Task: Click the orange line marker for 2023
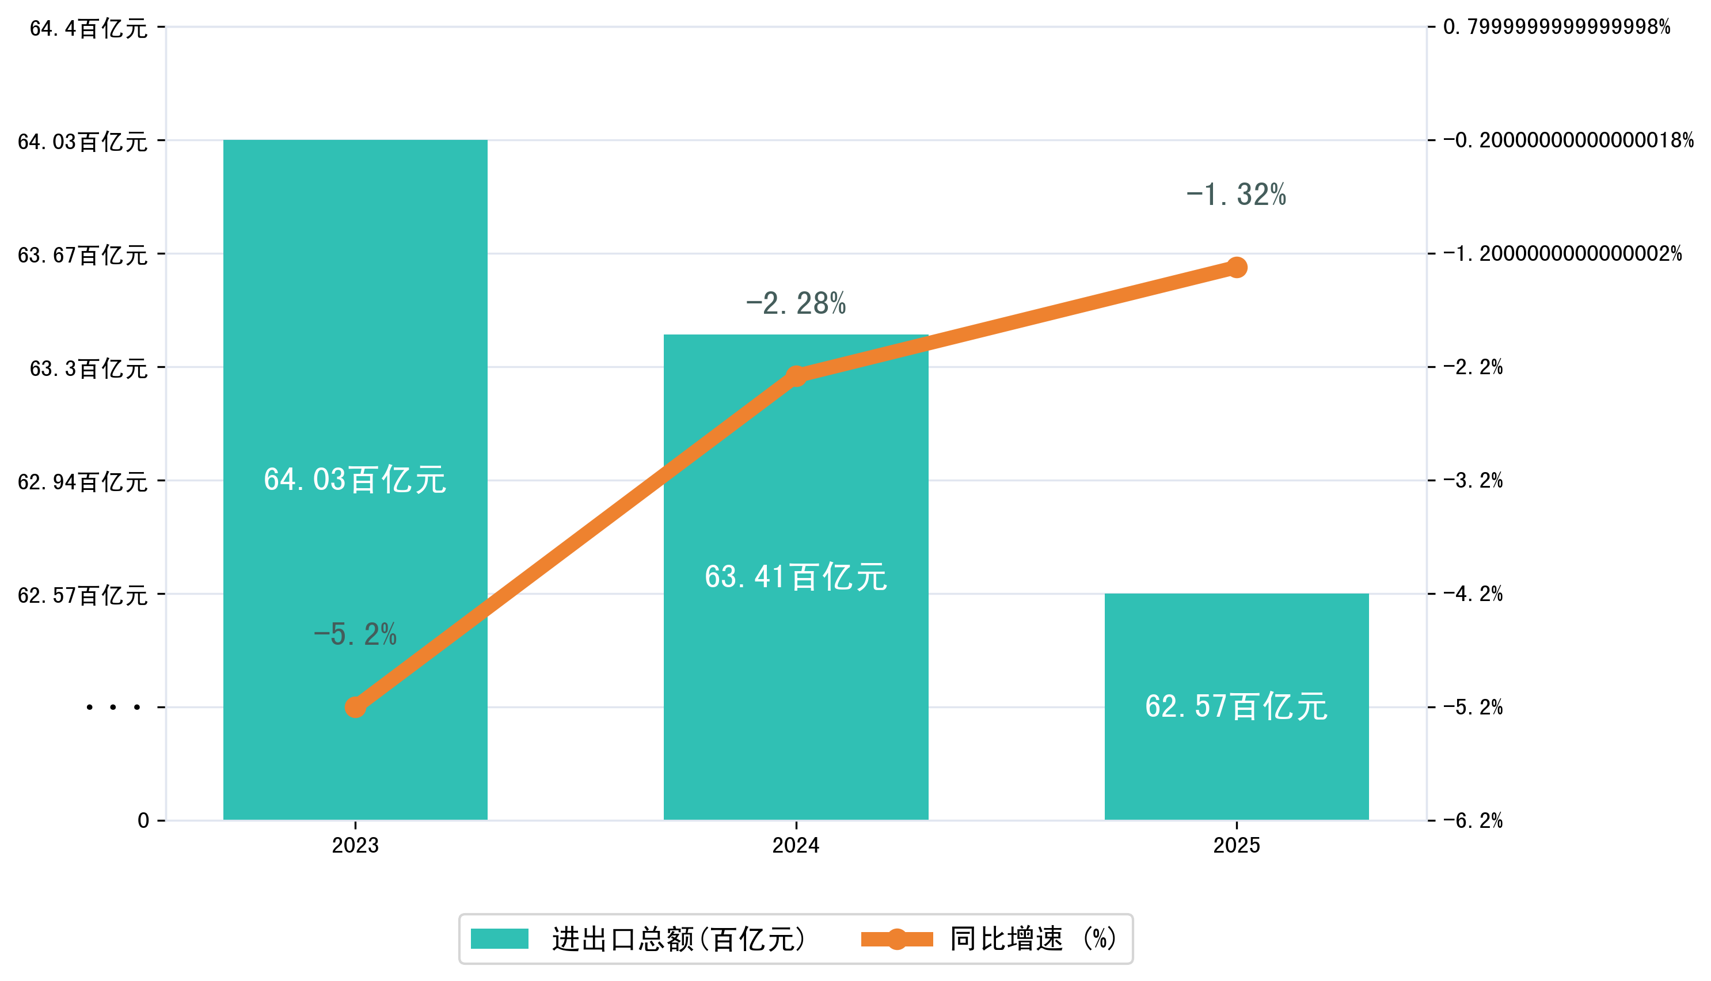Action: (x=355, y=707)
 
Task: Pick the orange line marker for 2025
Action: (x=1236, y=268)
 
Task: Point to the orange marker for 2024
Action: (x=796, y=375)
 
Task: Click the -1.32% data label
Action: (x=1236, y=195)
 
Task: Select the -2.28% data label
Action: (x=796, y=304)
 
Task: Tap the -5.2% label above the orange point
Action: (x=355, y=634)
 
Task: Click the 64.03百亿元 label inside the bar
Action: (x=355, y=480)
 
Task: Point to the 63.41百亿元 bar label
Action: (x=796, y=577)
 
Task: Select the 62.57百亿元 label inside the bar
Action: (x=1236, y=706)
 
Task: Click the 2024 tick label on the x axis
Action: (x=796, y=845)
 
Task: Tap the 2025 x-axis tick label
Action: (x=1236, y=845)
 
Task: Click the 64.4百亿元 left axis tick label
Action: (x=88, y=28)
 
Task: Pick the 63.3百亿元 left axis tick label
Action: (x=88, y=368)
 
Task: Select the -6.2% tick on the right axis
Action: (x=1473, y=820)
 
